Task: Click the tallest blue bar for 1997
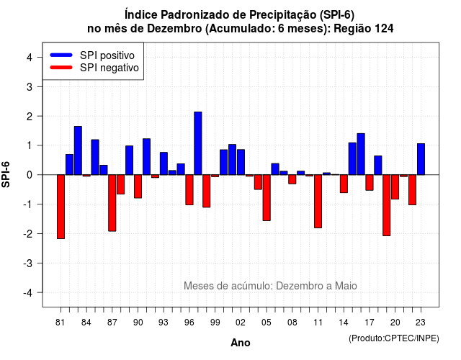(198, 143)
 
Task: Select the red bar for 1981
(61, 207)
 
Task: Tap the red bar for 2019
(387, 205)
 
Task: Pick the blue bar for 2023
(421, 159)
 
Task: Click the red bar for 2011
(318, 202)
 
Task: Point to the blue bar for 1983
(78, 150)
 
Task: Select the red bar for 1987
(112, 203)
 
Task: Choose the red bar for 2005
(267, 198)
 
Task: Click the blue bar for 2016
(361, 154)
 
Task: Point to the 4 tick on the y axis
(40, 57)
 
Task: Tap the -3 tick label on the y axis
(28, 263)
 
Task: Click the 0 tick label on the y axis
(30, 175)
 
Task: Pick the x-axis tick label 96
(189, 323)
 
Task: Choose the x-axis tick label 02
(241, 323)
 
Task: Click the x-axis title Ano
(241, 343)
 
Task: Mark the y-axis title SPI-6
(6, 174)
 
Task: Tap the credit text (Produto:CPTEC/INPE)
(394, 338)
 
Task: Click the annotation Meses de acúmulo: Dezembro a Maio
(270, 286)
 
